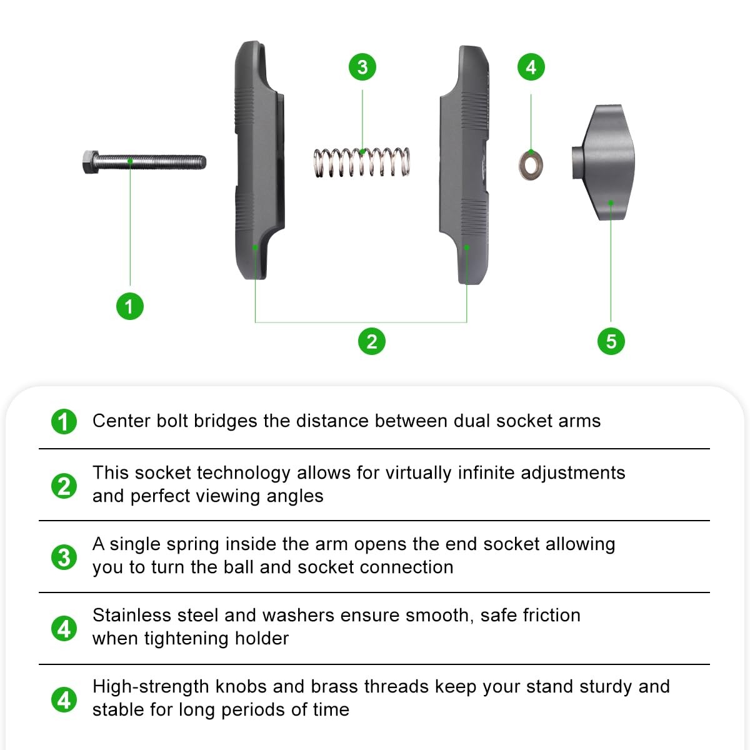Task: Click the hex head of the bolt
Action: tap(91, 161)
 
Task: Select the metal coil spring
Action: tap(362, 162)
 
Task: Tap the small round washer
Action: tap(531, 164)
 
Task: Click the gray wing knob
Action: tap(603, 162)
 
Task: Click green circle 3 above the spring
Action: tap(362, 67)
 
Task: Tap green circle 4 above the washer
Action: tap(531, 67)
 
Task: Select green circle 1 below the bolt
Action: tap(130, 306)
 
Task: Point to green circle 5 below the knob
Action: tap(611, 341)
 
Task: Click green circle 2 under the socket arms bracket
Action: tap(372, 341)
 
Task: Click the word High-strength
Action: tap(151, 687)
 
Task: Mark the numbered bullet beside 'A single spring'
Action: tap(64, 557)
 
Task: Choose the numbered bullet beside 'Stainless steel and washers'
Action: tap(64, 628)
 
